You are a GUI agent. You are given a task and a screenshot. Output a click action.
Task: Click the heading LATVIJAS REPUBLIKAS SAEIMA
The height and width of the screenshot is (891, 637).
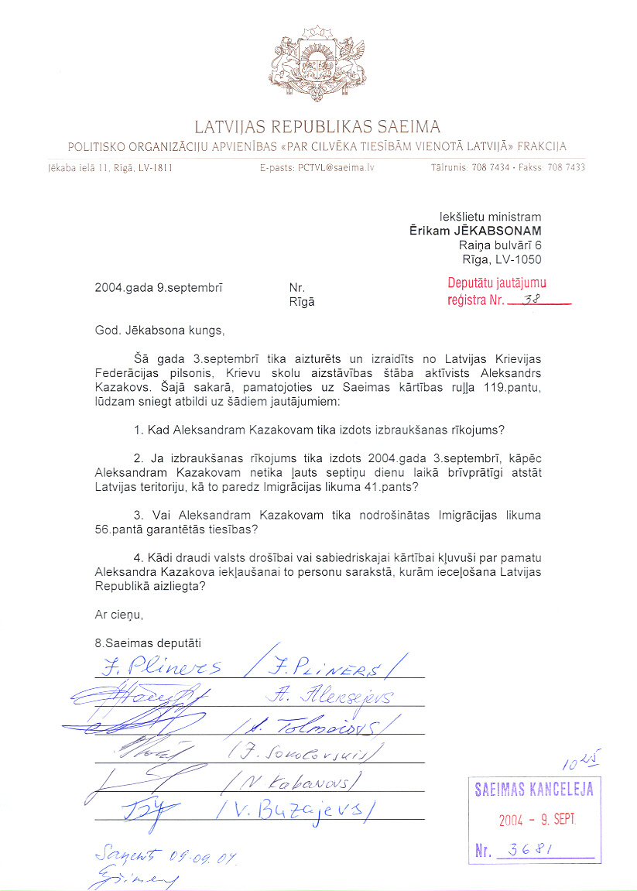[317, 126]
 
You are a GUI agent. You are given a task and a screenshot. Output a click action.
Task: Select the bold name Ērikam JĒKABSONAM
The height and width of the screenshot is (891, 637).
[475, 231]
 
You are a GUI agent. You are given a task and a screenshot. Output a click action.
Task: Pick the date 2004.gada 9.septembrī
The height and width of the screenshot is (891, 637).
[159, 288]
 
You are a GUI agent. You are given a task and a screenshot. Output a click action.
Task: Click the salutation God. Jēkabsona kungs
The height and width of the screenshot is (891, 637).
[158, 331]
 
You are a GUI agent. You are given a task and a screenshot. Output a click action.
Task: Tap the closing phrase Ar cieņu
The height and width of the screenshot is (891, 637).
[119, 615]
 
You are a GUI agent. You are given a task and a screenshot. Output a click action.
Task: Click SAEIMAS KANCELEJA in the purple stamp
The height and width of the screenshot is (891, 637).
[534, 790]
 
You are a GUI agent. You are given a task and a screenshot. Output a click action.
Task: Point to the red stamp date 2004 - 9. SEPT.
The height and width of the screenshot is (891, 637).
[536, 820]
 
